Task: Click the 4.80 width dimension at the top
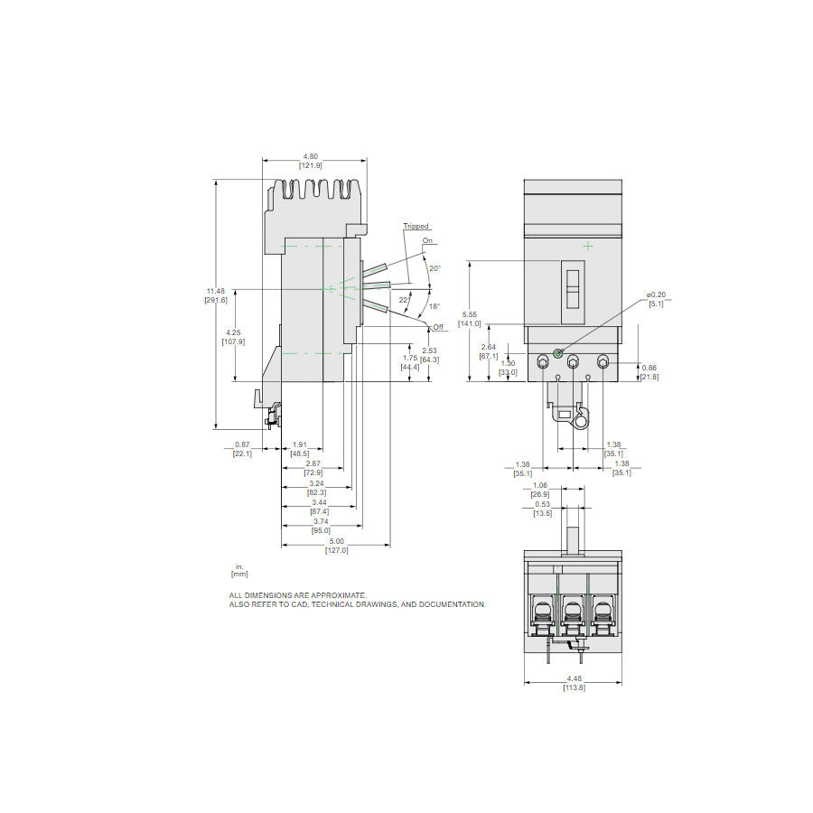point(311,155)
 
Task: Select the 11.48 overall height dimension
point(215,291)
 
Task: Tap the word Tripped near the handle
point(416,227)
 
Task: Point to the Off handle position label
point(437,326)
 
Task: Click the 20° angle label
point(435,268)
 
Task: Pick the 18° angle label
point(434,307)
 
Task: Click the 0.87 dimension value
point(242,444)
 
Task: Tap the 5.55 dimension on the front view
point(469,314)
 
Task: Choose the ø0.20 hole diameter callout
point(656,295)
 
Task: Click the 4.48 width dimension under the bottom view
point(574,680)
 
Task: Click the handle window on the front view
point(573,292)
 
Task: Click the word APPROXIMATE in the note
point(338,595)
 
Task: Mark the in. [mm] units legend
point(239,570)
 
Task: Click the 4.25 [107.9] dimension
point(234,337)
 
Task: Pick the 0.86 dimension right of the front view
point(649,368)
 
